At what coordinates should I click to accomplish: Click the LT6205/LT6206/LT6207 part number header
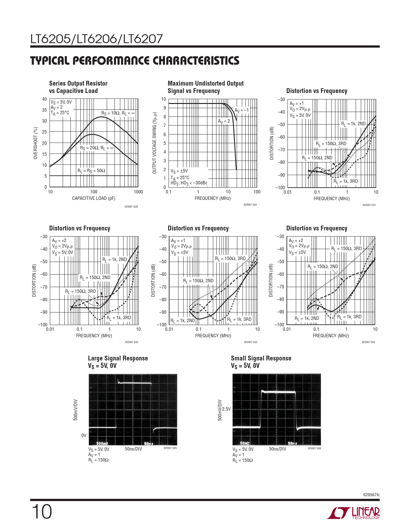pos(96,39)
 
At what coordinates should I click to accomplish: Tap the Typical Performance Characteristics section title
pos(135,61)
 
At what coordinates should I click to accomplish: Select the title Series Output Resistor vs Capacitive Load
pos(78,87)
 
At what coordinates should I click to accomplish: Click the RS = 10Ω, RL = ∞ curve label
pos(118,113)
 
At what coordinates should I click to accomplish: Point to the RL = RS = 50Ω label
pos(91,171)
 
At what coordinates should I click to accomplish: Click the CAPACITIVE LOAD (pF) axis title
pos(94,199)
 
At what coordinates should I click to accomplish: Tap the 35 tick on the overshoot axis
pos(44,110)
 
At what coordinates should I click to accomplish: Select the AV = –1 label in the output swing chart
pos(241,110)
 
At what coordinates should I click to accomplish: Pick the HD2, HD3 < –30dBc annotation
pos(189,183)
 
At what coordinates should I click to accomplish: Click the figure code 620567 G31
pos(369,205)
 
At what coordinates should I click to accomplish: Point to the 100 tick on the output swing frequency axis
pos(257,192)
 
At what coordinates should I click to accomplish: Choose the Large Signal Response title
pos(118,359)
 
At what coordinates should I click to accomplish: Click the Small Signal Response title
pos(261,359)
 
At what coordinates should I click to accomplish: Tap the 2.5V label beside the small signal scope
pos(226,409)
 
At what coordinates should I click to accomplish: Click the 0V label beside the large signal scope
pos(84,435)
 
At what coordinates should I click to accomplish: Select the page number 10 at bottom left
pos(41,512)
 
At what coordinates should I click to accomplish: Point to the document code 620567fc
pos(371,495)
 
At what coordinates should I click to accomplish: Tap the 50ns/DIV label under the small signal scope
pos(277,449)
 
